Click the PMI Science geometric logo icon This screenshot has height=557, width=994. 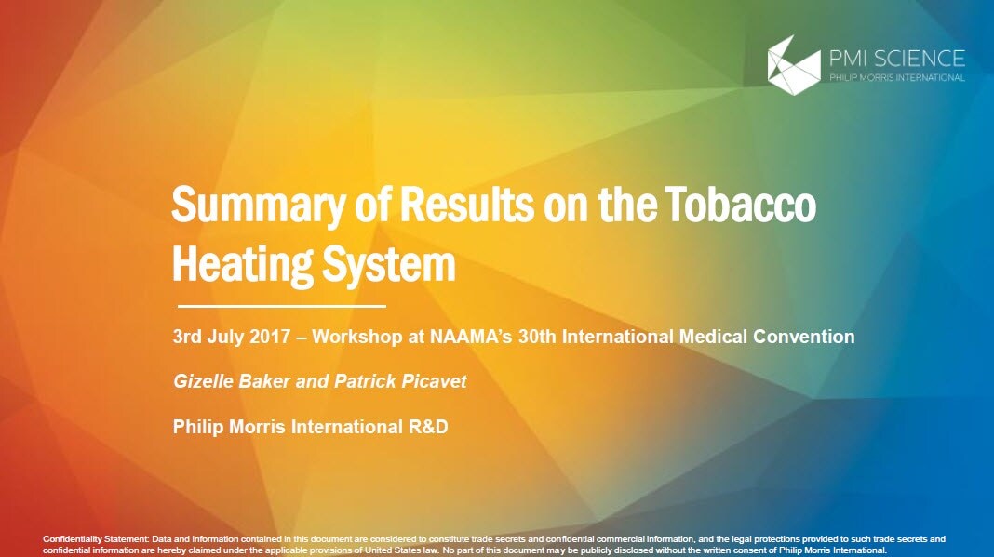(794, 66)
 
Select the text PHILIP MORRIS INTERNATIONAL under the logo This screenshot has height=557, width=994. (897, 77)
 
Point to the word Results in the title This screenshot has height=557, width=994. (466, 204)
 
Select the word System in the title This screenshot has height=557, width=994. (389, 265)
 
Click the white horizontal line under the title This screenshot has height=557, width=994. (281, 306)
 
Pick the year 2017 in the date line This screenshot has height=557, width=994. (270, 337)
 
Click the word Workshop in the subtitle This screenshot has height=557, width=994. (356, 337)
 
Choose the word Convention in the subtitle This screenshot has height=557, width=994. (803, 337)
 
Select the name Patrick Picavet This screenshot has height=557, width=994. (400, 381)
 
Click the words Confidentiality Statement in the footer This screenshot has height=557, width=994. (95, 539)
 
